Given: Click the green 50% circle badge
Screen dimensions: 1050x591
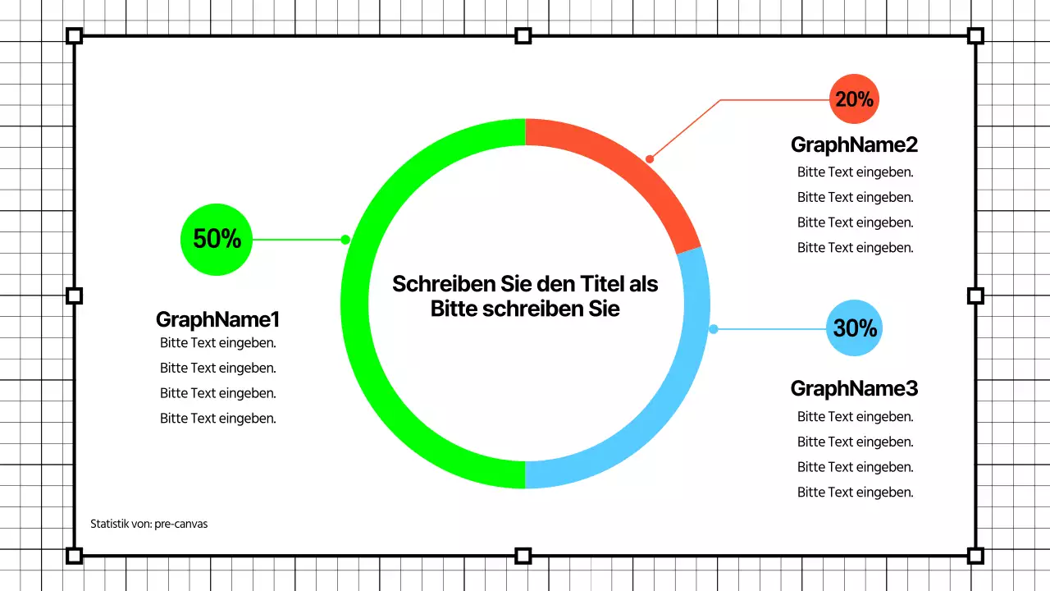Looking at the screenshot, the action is (x=217, y=239).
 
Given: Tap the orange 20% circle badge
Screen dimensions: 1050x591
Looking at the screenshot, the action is (x=854, y=98).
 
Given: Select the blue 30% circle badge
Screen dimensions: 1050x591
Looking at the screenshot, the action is (x=854, y=328).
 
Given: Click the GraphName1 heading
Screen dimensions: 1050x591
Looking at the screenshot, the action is (x=217, y=319).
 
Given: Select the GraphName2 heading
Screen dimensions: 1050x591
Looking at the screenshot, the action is (x=854, y=144).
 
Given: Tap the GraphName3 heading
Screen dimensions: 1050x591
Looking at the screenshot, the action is (x=854, y=388).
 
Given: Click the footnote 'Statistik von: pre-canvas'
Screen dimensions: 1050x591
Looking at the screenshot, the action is (x=148, y=524).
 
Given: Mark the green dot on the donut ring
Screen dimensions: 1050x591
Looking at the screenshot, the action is (x=345, y=240).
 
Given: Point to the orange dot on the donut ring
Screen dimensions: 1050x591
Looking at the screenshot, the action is (x=650, y=158).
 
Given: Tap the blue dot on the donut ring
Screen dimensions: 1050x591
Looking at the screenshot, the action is (x=714, y=329).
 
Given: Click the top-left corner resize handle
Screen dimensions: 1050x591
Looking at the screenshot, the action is (x=74, y=35).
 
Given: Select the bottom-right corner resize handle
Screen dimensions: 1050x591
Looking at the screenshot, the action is (x=975, y=556).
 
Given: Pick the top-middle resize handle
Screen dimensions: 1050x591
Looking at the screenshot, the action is (x=523, y=35).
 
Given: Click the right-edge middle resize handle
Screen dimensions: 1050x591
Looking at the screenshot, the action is (x=975, y=295).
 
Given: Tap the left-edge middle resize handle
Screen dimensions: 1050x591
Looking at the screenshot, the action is (x=74, y=295).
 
